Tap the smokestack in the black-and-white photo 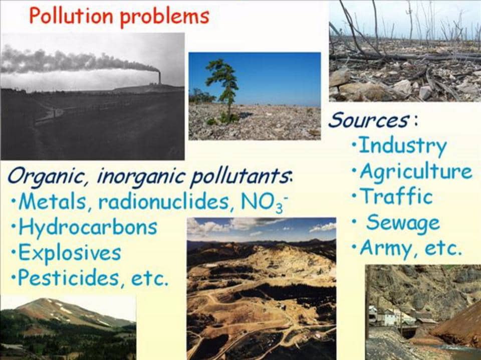[159, 77]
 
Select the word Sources [368, 120]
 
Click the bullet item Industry [402, 146]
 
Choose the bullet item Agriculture [415, 172]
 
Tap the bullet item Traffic [396, 197]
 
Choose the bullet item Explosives [70, 252]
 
